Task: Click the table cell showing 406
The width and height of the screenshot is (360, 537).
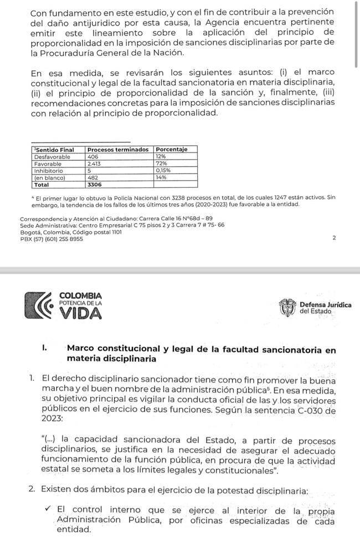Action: click(x=92, y=157)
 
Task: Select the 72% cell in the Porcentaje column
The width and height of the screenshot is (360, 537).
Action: click(x=161, y=164)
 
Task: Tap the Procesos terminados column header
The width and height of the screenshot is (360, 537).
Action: click(x=118, y=150)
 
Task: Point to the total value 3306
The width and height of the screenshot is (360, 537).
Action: click(x=95, y=185)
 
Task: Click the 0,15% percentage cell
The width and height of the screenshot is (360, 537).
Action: click(x=163, y=171)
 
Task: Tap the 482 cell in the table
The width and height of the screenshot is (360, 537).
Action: click(x=92, y=178)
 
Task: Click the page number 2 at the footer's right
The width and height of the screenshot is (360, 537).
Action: click(x=333, y=238)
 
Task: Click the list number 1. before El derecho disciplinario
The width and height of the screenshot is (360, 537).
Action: click(x=34, y=379)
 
